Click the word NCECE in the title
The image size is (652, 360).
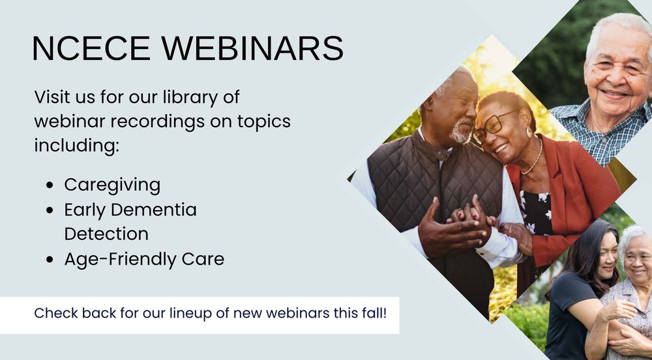pos(91,48)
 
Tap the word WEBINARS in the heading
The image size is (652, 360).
pos(252,48)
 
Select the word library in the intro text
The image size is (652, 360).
pos(190,98)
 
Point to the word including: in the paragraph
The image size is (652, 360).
pos(76,146)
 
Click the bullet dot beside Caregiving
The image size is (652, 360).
pos(50,185)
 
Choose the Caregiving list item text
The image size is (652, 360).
pos(112,185)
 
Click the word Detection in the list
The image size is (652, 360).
pos(106,233)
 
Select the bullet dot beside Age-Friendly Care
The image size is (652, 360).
pos(50,260)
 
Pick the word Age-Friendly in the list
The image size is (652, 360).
pos(120,260)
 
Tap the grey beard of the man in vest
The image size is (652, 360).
pos(462,132)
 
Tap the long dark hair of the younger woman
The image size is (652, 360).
pos(580,254)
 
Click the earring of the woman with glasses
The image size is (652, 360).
pos(529,132)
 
